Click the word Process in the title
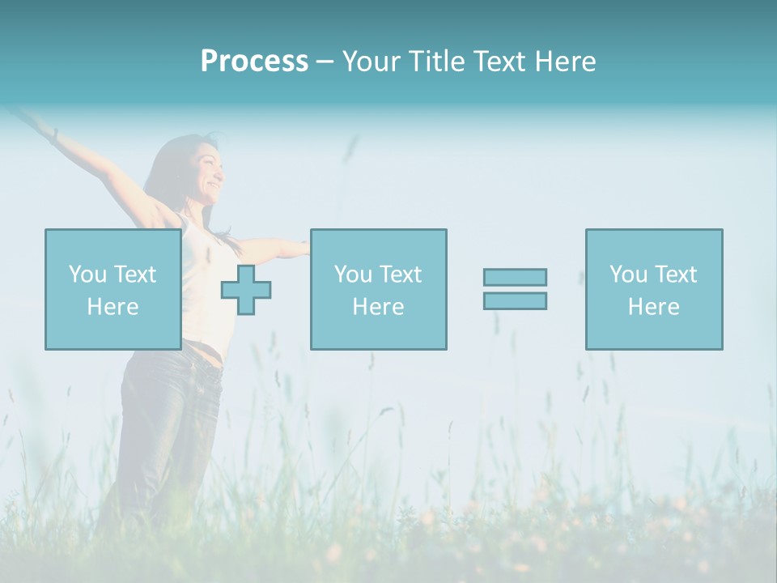254,62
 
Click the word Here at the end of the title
565,62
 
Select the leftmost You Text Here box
113,289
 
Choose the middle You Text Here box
378,289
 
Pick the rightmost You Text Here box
653,289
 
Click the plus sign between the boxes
246,289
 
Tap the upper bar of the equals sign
515,277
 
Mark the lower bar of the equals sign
515,300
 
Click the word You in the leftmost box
87,274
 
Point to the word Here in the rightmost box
653,307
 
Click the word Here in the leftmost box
113,307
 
